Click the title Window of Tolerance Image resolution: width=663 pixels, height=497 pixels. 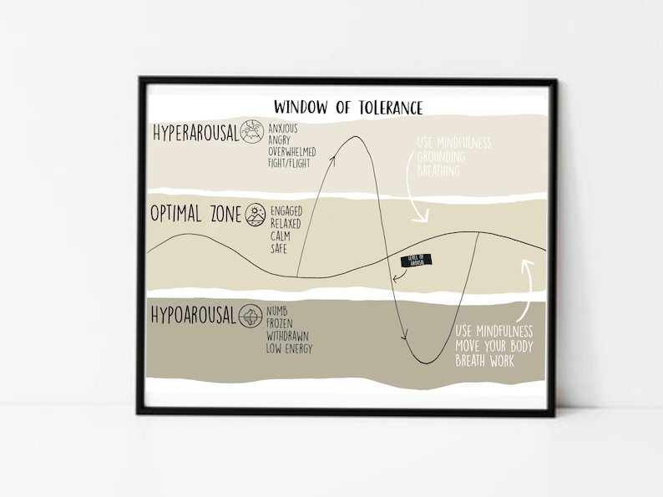348,108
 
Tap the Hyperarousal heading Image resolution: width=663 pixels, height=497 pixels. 195,134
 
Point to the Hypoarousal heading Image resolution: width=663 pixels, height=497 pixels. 194,317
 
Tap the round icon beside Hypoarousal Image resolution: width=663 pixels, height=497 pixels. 251,317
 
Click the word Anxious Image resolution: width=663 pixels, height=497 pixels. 282,129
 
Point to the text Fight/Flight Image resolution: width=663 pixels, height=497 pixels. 289,164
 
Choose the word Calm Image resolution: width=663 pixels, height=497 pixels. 280,236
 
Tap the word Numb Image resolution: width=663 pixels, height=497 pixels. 278,312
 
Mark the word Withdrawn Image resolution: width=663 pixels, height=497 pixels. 288,336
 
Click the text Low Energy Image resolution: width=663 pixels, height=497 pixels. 289,348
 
